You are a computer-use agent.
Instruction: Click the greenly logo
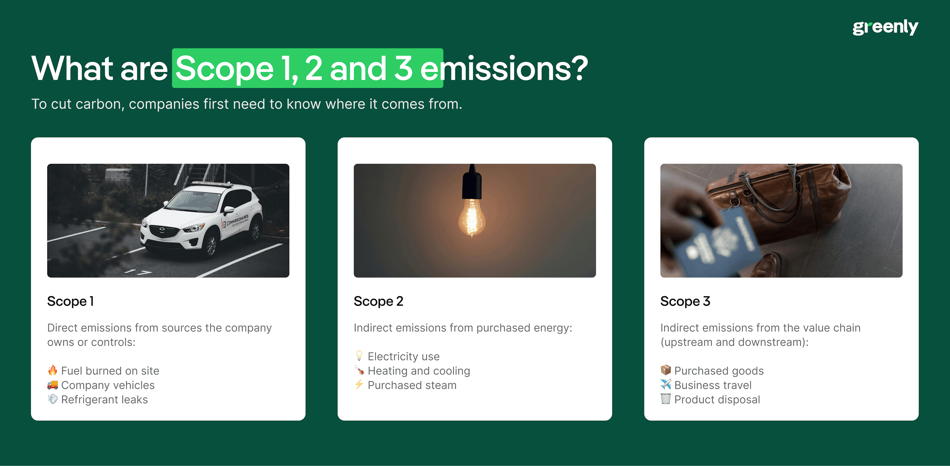tap(885, 27)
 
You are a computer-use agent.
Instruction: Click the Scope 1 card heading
tap(70, 301)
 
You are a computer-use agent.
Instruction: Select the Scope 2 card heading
tap(378, 301)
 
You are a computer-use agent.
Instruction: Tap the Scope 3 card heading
tap(685, 301)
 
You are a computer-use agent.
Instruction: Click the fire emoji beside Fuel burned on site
tap(52, 370)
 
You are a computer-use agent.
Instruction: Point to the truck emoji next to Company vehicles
tap(52, 385)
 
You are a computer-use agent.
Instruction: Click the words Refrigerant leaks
tap(104, 400)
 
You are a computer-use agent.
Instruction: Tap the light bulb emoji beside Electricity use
tap(359, 356)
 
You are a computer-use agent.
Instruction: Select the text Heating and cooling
tap(418, 371)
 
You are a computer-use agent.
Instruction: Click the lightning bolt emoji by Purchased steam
tap(359, 385)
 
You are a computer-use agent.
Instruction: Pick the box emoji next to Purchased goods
tap(665, 370)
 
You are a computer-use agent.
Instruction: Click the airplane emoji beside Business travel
tap(665, 384)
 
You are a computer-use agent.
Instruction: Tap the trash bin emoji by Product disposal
tap(665, 399)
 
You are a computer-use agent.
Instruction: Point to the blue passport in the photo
tap(719, 244)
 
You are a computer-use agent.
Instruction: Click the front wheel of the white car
tap(211, 245)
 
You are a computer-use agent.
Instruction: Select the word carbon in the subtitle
tap(99, 104)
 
